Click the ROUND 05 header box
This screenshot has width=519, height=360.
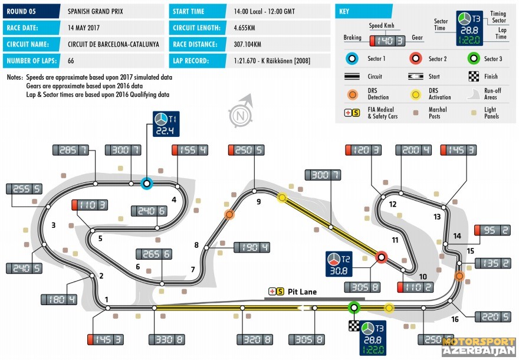click(31, 11)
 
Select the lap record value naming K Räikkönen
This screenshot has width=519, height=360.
click(272, 61)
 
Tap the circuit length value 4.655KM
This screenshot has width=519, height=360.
click(244, 28)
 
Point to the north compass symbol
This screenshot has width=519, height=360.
click(241, 112)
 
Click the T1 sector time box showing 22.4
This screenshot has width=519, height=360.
click(166, 124)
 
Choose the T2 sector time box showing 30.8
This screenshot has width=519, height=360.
click(339, 264)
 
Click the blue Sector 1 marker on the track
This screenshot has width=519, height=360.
click(147, 183)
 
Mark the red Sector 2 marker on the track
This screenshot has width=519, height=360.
click(382, 257)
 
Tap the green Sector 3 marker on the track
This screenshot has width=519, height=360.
click(354, 307)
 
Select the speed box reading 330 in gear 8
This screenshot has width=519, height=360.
click(166, 339)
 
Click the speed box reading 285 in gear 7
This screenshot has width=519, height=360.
click(71, 150)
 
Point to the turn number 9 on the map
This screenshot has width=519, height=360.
click(259, 201)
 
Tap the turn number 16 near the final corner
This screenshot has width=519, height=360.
click(455, 319)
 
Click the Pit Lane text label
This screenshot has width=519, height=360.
click(302, 292)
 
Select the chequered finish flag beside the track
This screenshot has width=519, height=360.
click(354, 326)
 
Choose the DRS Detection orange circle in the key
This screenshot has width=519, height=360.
click(352, 94)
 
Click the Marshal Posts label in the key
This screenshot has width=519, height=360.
click(437, 113)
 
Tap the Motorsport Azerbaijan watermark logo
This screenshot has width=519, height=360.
click(479, 346)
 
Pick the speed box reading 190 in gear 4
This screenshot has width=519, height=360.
click(252, 247)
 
